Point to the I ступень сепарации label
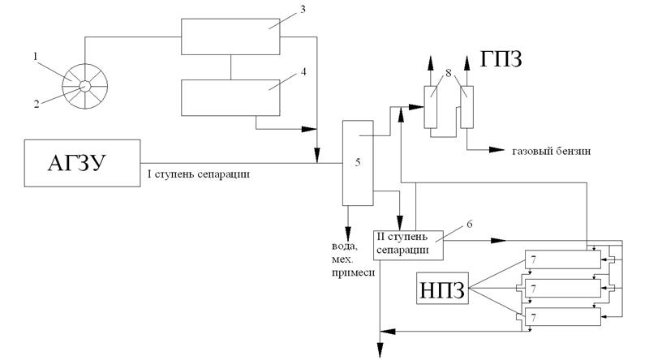[198, 173]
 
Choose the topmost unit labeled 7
[564, 259]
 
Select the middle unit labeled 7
[564, 288]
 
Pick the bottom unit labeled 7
[564, 317]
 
